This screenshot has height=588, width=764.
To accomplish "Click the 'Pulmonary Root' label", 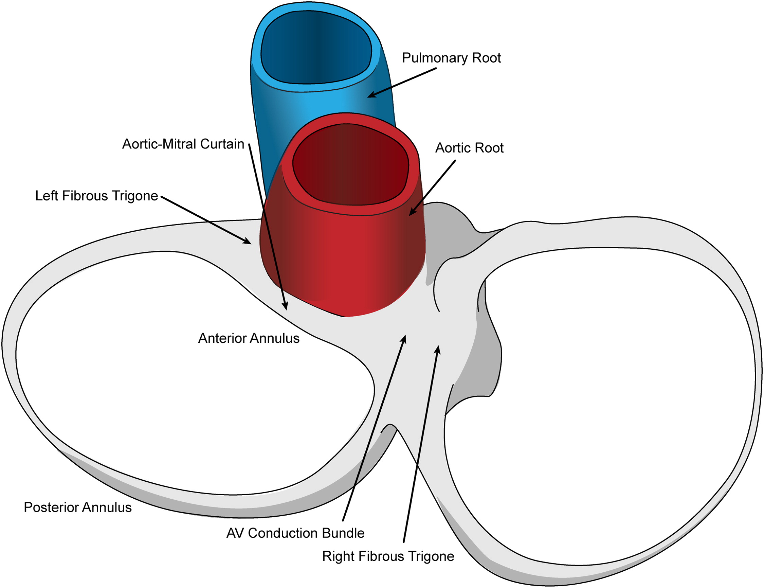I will click(x=451, y=58).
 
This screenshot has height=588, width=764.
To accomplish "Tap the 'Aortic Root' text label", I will click(x=469, y=148).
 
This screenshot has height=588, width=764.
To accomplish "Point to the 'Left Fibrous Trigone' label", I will click(x=96, y=196).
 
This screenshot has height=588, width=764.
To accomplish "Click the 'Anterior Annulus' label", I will click(x=249, y=338).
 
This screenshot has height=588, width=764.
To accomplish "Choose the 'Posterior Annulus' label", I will click(x=78, y=507).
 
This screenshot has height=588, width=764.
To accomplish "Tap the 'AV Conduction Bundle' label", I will click(x=295, y=533).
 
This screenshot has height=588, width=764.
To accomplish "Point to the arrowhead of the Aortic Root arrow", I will click(x=411, y=214).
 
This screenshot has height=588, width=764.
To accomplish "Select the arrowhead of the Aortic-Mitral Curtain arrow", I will click(x=286, y=308).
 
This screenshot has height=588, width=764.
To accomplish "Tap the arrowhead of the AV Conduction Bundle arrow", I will click(x=405, y=337).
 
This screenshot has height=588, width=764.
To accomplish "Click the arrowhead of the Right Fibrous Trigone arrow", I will click(x=438, y=348).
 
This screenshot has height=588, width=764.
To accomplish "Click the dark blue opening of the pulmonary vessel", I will click(x=316, y=47).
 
